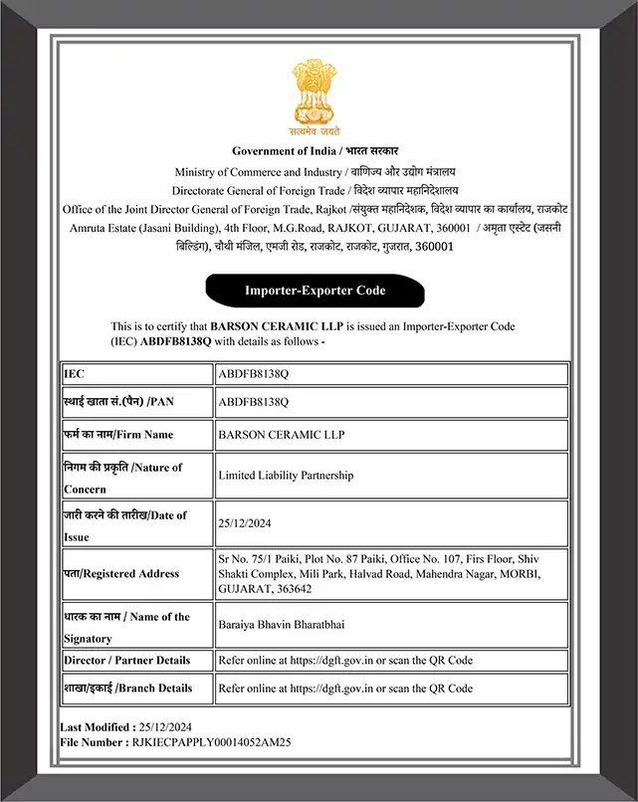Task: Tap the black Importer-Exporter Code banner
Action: point(316,291)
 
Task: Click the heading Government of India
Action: point(284,151)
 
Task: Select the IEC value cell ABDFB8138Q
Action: point(253,374)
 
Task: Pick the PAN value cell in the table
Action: point(253,402)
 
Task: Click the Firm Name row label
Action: point(118,435)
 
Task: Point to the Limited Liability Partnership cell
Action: point(286,476)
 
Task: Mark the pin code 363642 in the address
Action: point(295,589)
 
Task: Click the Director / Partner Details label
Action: point(126,660)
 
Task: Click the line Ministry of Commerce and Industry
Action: point(258,172)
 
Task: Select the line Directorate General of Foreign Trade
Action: point(259,190)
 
